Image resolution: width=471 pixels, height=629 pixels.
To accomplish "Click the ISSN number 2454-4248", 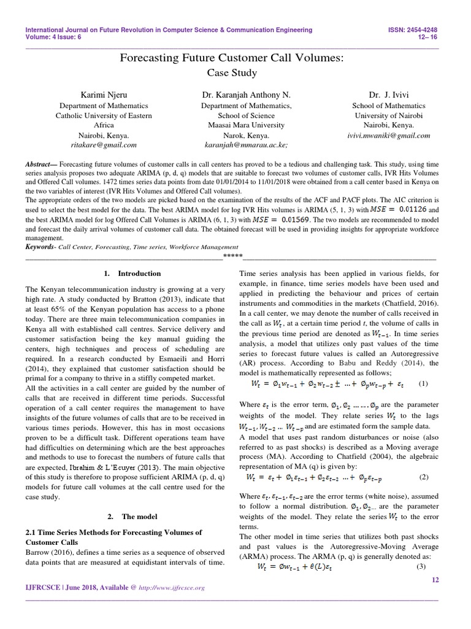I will (x=430, y=29).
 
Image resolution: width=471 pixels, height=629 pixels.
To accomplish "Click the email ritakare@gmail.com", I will (x=104, y=145).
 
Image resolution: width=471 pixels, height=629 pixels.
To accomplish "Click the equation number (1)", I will (x=422, y=384).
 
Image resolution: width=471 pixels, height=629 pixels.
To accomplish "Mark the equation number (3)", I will (x=420, y=566).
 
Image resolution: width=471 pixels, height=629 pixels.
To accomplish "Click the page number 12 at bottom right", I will (x=436, y=580).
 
